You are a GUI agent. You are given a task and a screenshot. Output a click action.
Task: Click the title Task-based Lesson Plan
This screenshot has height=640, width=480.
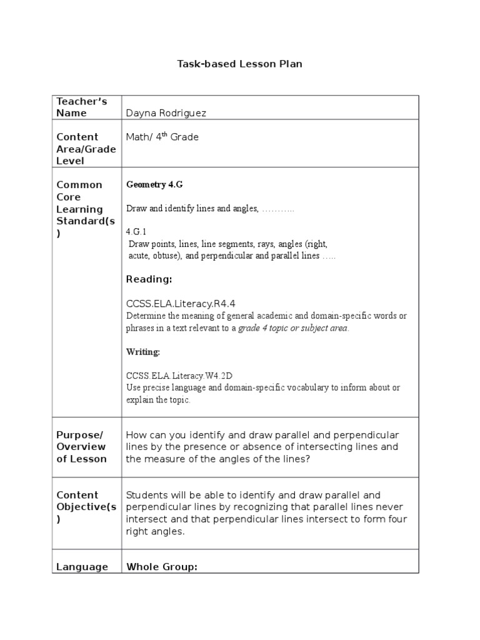click(x=239, y=64)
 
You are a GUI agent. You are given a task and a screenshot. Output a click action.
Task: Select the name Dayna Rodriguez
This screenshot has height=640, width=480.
click(x=166, y=113)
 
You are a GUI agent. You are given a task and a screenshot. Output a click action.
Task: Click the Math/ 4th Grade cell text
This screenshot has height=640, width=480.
click(x=162, y=137)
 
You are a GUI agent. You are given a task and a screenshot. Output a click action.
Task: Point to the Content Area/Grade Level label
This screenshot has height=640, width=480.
click(x=78, y=149)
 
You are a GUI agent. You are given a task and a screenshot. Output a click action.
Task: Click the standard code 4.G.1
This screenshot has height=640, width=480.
click(x=136, y=232)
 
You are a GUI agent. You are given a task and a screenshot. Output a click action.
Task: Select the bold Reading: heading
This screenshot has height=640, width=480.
click(x=149, y=279)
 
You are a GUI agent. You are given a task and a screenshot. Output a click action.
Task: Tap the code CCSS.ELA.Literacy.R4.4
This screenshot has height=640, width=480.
click(x=181, y=304)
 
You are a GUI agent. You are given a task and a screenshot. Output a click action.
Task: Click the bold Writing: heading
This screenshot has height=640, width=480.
click(x=143, y=352)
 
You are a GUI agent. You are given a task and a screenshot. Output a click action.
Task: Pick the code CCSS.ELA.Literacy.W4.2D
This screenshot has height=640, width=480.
click(x=181, y=376)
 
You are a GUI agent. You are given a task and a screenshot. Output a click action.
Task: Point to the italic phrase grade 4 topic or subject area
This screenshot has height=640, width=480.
click(x=293, y=328)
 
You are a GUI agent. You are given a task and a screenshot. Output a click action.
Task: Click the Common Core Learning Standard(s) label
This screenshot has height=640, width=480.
click(x=80, y=209)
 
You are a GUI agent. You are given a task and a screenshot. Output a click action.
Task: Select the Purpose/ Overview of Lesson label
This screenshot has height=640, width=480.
click(x=81, y=447)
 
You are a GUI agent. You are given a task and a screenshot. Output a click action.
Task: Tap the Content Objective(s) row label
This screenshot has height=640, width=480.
click(x=82, y=507)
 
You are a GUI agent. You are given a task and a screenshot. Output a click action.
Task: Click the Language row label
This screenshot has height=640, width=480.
click(x=82, y=567)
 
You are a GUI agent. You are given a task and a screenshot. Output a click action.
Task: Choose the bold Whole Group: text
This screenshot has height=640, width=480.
click(x=162, y=567)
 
